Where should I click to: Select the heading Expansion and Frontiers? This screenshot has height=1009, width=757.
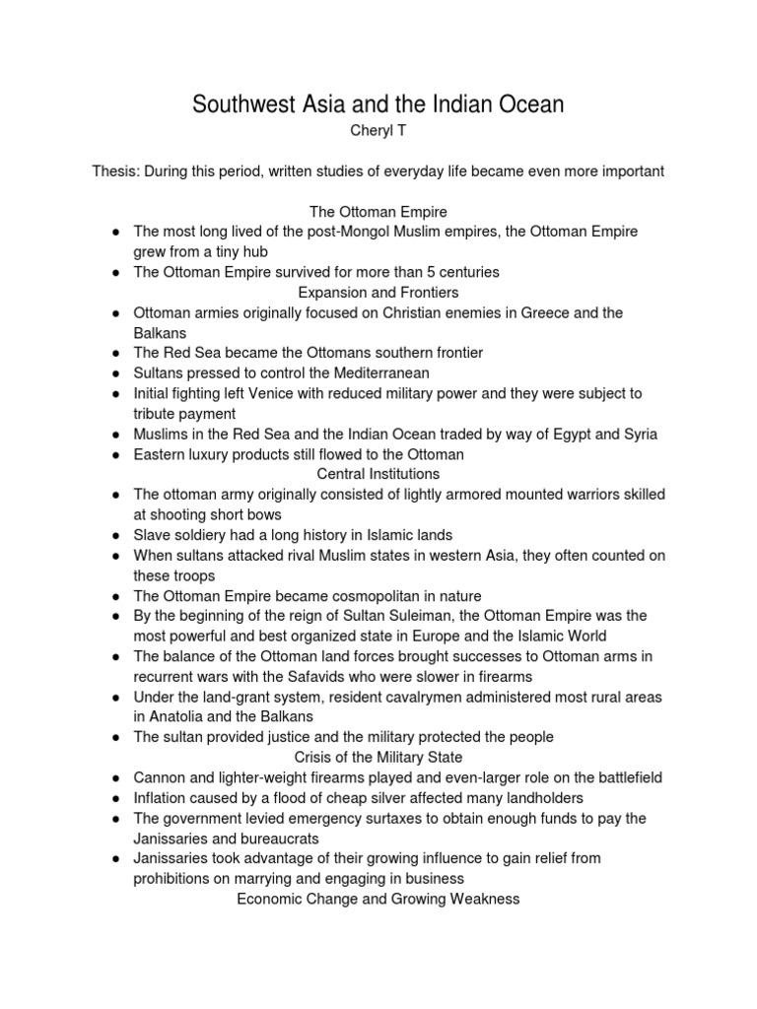pos(378,293)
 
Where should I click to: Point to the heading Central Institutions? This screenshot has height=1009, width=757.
pos(378,474)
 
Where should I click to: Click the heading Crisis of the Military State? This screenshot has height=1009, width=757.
pos(378,757)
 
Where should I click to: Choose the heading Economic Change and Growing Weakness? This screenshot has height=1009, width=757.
pos(378,899)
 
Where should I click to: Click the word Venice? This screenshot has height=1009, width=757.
pos(261,393)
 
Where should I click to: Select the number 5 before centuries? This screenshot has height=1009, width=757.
pos(419,272)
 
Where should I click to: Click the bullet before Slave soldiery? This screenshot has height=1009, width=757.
pos(116,535)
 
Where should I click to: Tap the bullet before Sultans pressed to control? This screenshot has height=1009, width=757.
pos(116,373)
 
